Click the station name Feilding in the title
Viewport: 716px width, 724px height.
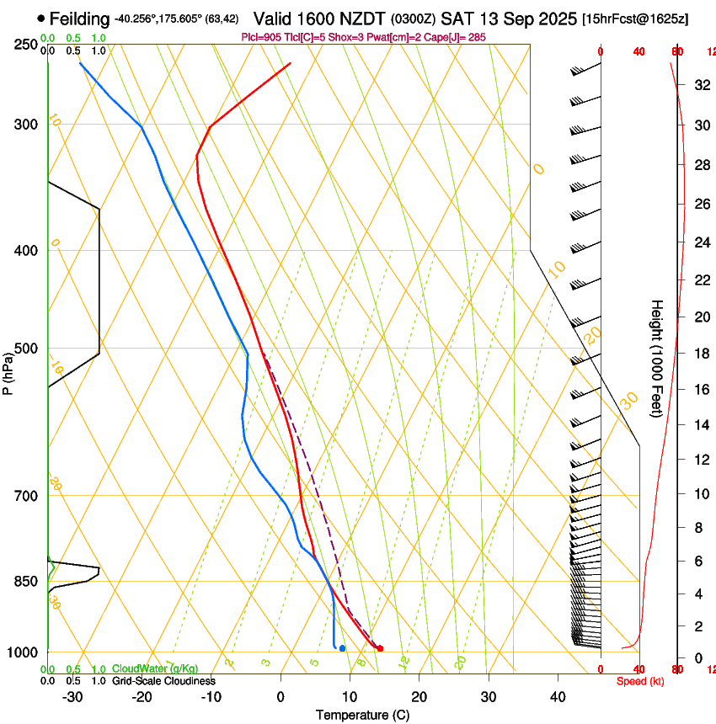click(x=79, y=19)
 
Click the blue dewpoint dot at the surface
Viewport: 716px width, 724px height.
click(x=342, y=648)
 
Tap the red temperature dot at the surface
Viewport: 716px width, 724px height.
click(x=381, y=648)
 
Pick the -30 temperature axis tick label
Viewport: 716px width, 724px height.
click(x=73, y=697)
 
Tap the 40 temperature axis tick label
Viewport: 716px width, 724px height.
click(x=558, y=697)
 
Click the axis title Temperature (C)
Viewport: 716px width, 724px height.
click(x=362, y=715)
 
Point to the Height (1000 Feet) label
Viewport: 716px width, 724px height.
click(x=657, y=359)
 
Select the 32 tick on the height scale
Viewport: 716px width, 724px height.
click(x=699, y=85)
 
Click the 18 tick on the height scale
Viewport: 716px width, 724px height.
click(x=699, y=354)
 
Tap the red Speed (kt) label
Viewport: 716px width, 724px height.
click(x=640, y=681)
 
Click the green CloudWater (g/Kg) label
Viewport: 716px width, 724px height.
click(x=156, y=669)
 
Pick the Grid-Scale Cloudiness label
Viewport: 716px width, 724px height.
click(x=163, y=681)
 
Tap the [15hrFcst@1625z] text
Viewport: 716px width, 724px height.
click(x=635, y=19)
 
